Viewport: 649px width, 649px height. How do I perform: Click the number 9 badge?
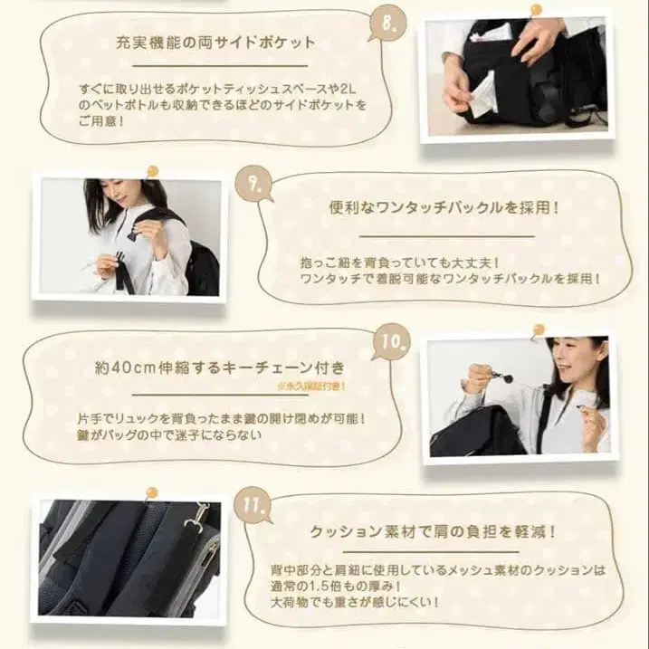pos(253,186)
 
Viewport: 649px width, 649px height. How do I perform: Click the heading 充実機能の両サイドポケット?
pos(215,42)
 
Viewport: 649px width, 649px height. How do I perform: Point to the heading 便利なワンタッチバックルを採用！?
pos(444,206)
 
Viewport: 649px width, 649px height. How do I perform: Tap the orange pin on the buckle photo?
pos(152,169)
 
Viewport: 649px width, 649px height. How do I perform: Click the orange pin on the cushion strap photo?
pos(151,493)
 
